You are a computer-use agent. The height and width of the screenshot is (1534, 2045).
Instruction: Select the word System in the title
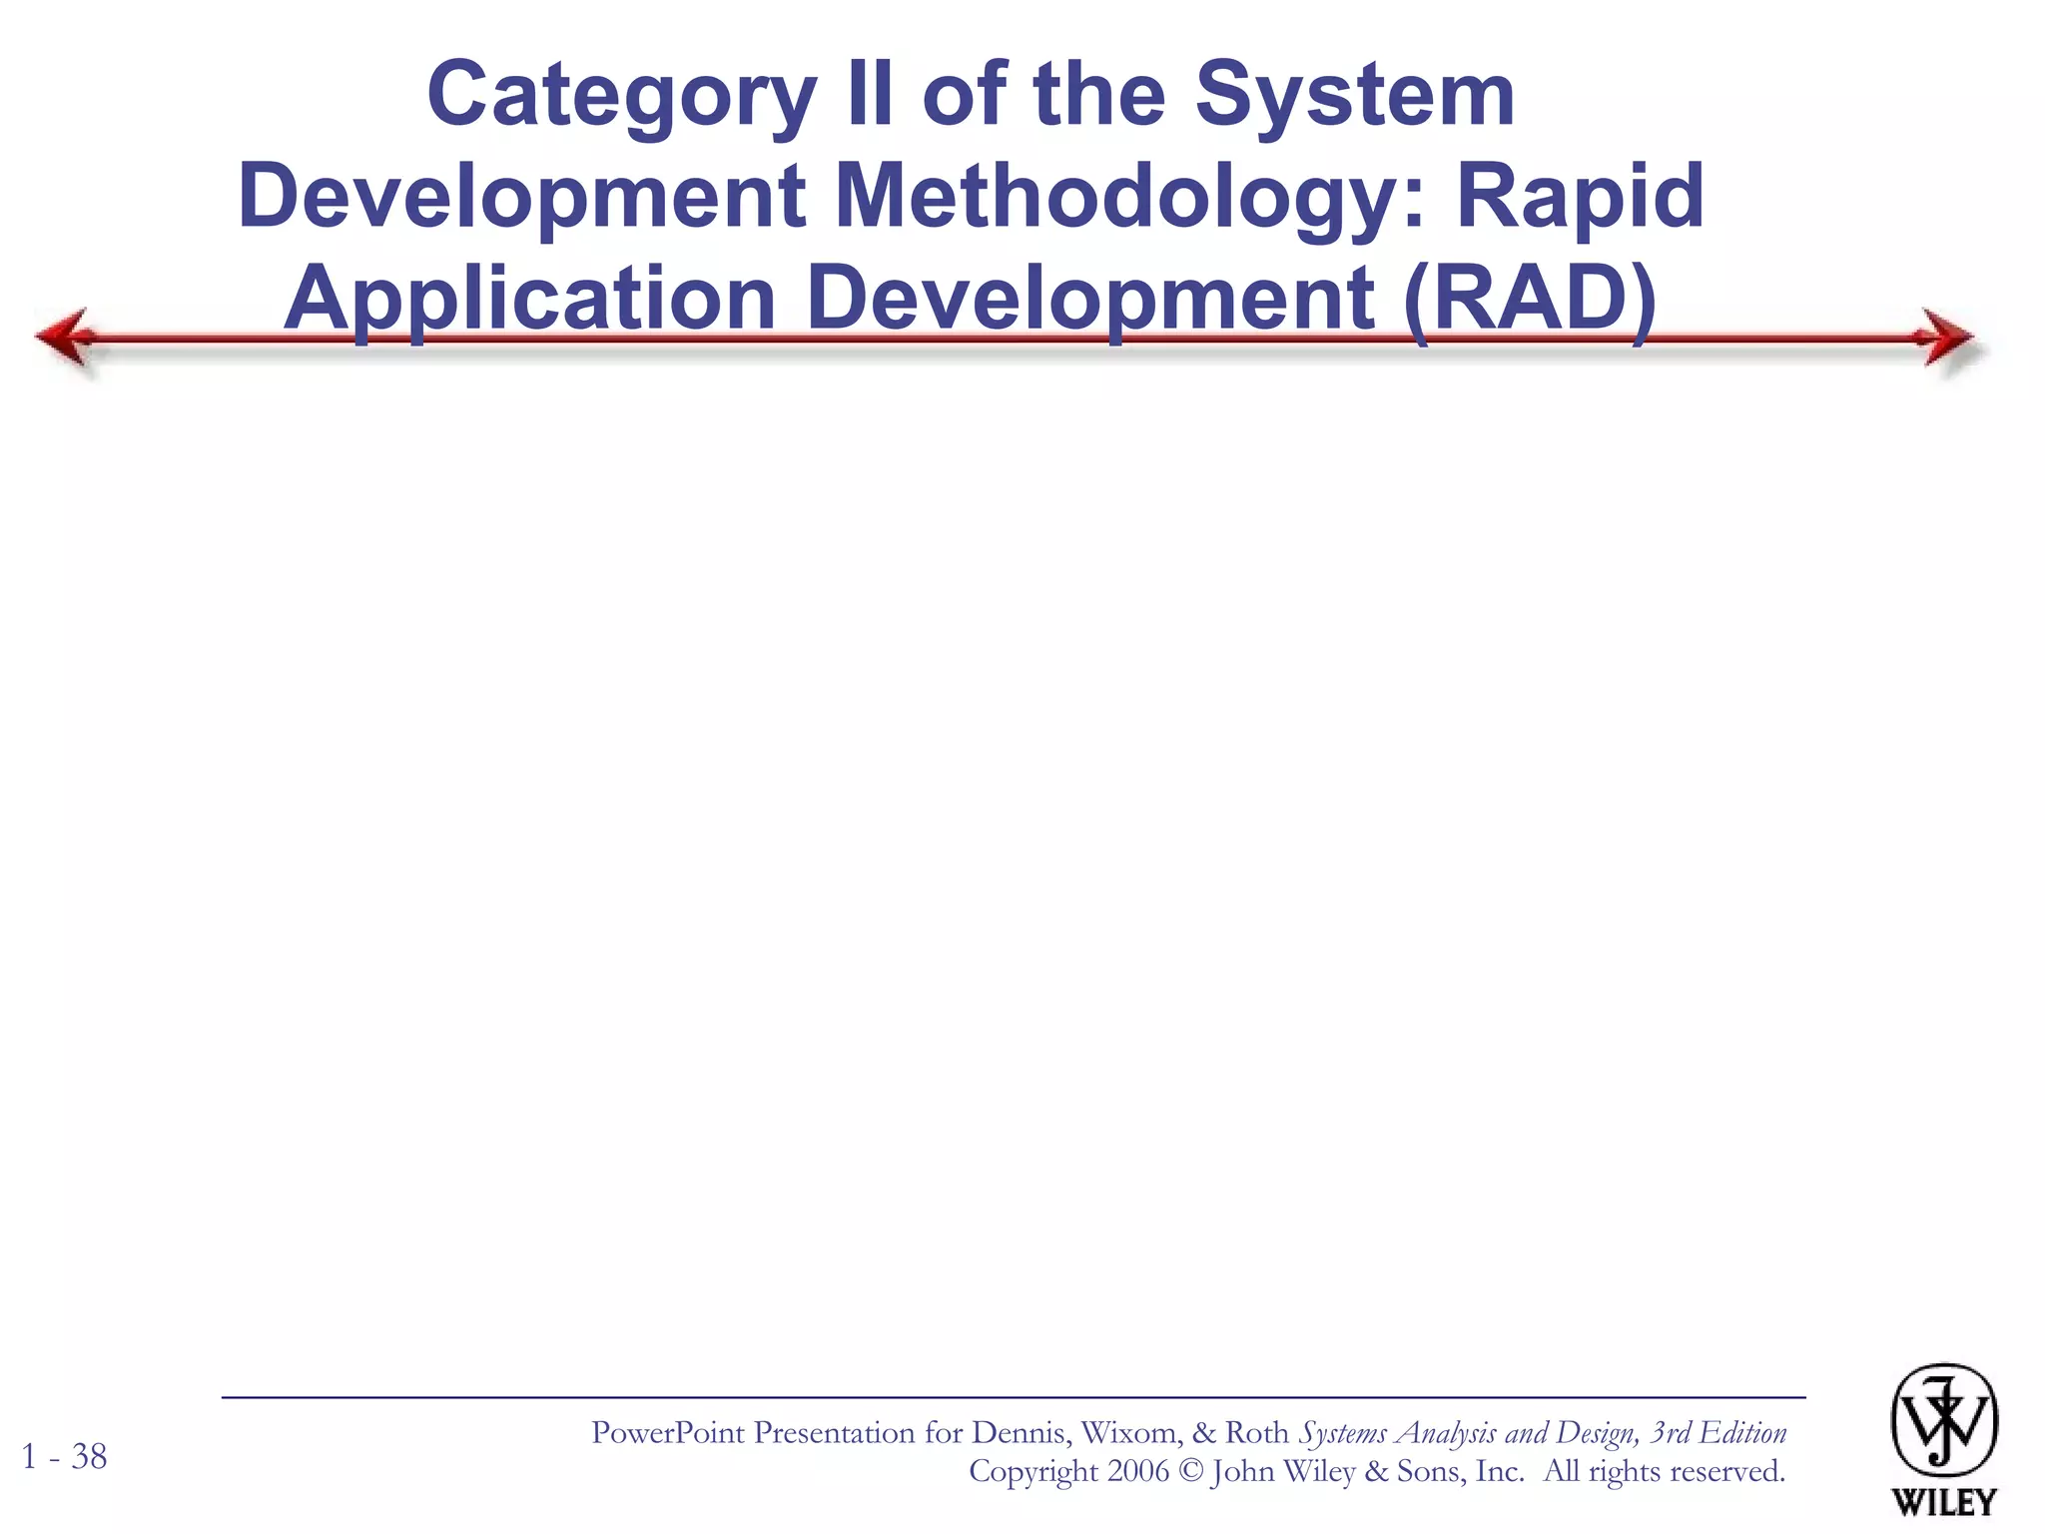(x=1355, y=96)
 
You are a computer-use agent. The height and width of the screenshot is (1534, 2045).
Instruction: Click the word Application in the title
(x=529, y=300)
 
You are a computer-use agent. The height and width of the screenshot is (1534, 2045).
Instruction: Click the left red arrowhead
(x=66, y=338)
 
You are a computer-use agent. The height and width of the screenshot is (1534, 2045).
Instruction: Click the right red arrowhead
(x=1947, y=338)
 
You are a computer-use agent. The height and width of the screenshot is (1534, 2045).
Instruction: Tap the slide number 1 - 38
(x=64, y=1457)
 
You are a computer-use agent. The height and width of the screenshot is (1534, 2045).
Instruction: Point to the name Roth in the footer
(x=1256, y=1433)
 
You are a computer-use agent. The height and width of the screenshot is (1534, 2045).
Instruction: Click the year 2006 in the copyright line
(x=1137, y=1471)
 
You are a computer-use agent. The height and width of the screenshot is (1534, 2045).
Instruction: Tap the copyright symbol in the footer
(x=1189, y=1472)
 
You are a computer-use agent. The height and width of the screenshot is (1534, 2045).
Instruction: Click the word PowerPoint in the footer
(x=667, y=1433)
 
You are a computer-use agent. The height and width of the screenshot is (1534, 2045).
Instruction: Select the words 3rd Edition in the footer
(x=1717, y=1433)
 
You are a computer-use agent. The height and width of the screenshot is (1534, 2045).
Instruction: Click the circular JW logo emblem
(x=1943, y=1421)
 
